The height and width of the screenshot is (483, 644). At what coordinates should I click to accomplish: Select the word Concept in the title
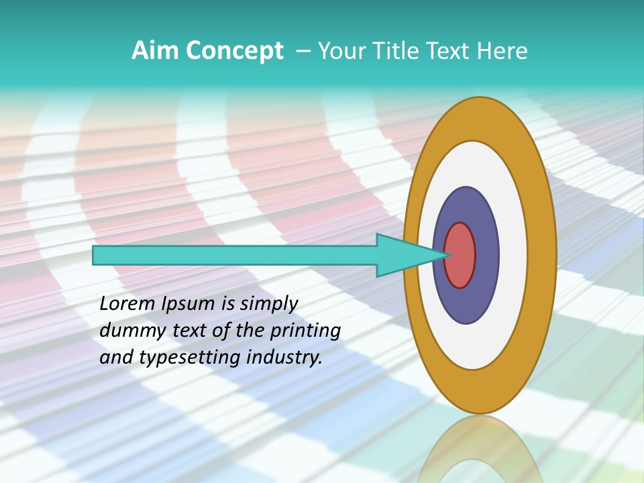coord(234,51)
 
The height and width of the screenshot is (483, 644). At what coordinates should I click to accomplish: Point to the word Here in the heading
coord(503,50)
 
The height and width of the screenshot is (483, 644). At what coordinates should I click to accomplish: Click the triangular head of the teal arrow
coord(403,256)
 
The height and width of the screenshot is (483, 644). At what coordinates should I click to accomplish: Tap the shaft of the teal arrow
coord(235,256)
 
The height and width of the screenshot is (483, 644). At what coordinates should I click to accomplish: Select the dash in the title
coord(303,50)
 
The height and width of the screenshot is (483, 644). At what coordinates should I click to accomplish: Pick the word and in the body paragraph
coord(115,357)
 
